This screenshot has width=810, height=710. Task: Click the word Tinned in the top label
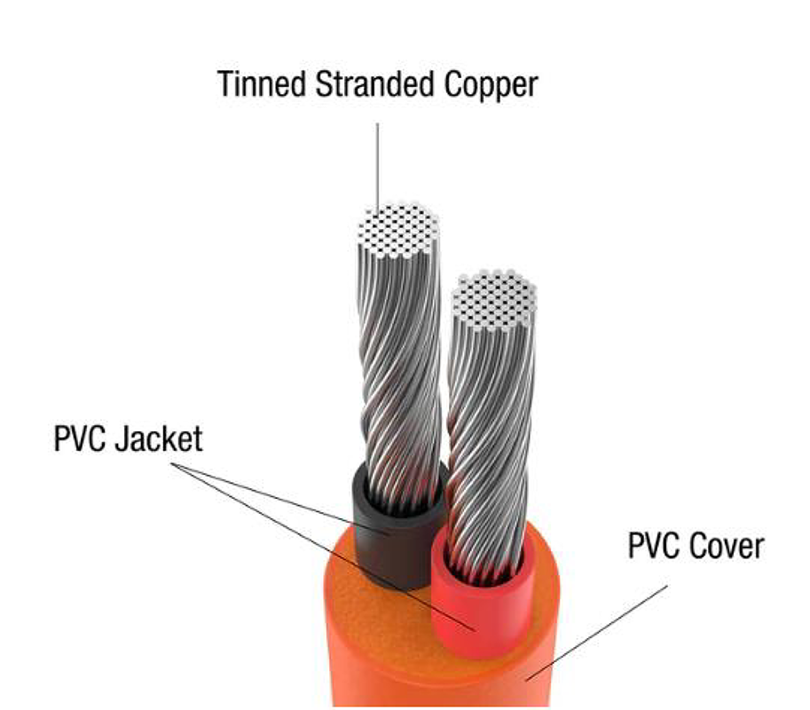point(262,83)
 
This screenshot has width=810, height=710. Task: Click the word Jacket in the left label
point(159,439)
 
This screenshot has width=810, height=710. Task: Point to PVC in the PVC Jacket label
point(80,439)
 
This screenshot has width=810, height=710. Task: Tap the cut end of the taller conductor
point(398,231)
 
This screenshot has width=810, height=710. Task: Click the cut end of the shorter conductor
point(494,300)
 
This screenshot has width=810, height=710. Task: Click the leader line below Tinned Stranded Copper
point(377,166)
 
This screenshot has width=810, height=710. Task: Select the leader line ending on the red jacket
point(324,548)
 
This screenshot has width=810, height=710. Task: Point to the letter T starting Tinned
point(225,83)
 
